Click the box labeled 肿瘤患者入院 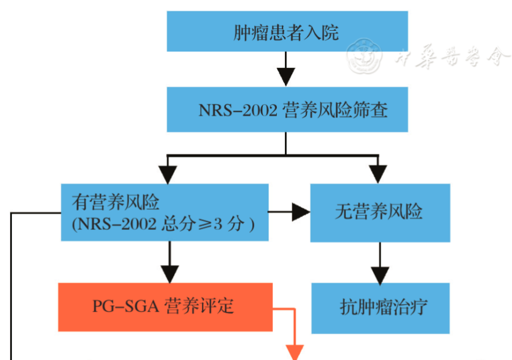[286, 32]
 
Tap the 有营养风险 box [165, 212]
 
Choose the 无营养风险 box [380, 212]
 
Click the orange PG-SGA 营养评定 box [165, 307]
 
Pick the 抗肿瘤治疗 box [381, 307]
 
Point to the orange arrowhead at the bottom [295, 352]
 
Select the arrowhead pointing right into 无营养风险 [301, 212]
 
